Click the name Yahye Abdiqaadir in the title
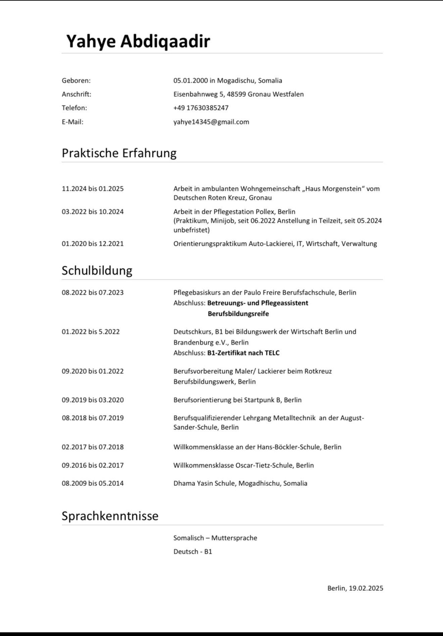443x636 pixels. tap(138, 41)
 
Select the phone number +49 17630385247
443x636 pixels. tap(201, 108)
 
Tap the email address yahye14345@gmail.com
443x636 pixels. tap(211, 122)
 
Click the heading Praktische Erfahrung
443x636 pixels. tap(119, 153)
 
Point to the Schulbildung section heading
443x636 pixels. tap(97, 271)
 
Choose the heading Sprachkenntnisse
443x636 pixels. tap(110, 516)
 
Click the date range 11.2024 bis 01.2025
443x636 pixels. tap(93, 189)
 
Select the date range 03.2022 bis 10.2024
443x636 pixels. tap(93, 212)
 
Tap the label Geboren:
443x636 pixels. tap(76, 81)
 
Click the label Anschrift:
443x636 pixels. tap(77, 95)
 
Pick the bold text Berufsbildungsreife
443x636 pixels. tap(238, 314)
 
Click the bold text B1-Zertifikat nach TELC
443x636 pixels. tap(243, 353)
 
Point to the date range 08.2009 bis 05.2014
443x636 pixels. tap(93, 483)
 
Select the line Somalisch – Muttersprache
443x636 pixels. tap(215, 538)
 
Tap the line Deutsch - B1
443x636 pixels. tap(193, 552)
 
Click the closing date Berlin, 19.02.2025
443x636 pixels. tap(355, 588)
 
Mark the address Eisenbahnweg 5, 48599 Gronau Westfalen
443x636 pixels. tap(238, 95)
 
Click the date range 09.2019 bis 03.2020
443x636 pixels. tap(93, 400)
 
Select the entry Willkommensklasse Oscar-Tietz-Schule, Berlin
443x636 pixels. tap(243, 465)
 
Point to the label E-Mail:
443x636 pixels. tap(72, 122)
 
